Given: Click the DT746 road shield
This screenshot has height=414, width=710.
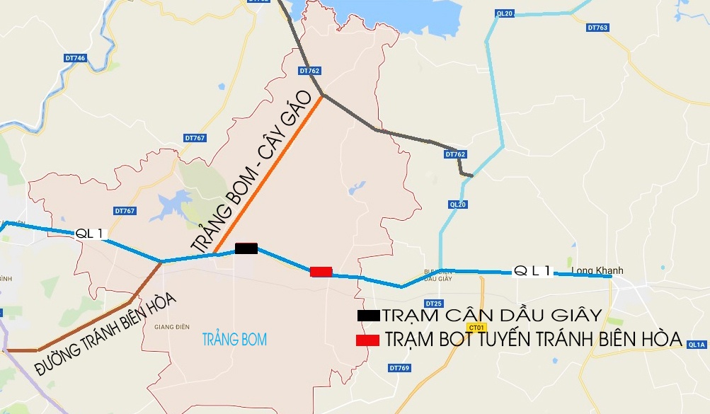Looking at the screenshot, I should (74, 58).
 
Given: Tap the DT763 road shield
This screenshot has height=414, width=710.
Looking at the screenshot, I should (597, 28).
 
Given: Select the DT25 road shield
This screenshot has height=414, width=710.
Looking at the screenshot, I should (434, 304).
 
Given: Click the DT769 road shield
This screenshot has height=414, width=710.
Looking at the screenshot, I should (399, 368).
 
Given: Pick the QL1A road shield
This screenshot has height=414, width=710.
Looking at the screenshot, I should (698, 345).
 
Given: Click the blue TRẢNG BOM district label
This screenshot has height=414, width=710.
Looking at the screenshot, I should (234, 340).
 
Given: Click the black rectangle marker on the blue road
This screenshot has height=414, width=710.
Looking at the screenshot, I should (246, 248).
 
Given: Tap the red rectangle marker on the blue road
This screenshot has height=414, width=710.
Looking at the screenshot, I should (321, 271).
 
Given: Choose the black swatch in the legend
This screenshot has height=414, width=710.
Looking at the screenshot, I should (368, 316).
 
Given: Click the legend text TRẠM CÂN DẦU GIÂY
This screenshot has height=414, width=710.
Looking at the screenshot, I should (491, 316).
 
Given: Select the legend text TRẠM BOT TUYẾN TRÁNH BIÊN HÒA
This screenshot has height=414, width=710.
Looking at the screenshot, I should (534, 340).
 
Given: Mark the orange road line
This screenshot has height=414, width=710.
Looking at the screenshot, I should (269, 173).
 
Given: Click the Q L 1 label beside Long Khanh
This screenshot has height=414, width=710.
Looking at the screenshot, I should (532, 270).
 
